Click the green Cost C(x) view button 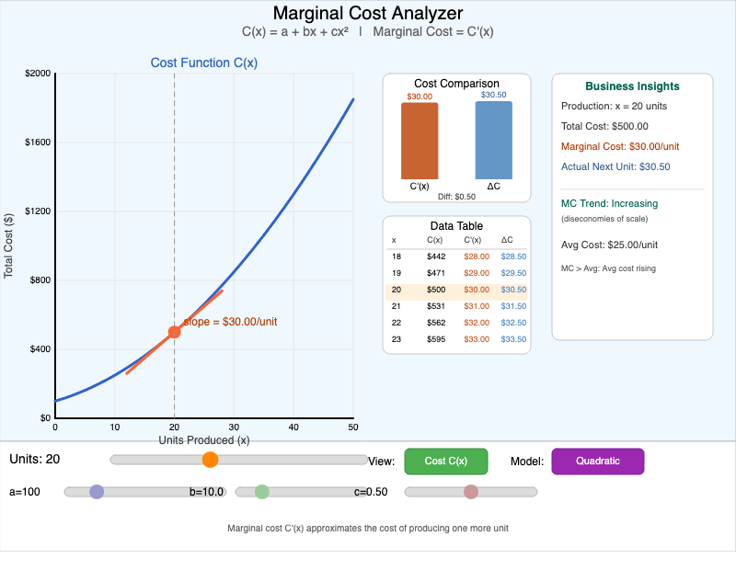pyautogui.click(x=446, y=462)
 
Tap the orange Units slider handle pyautogui.click(x=210, y=460)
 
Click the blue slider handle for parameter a pyautogui.click(x=97, y=492)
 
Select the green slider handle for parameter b pyautogui.click(x=262, y=492)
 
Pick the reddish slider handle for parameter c pyautogui.click(x=471, y=492)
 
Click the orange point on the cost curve pyautogui.click(x=174, y=332)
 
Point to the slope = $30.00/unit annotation pyautogui.click(x=230, y=322)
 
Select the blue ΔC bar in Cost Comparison pyautogui.click(x=493, y=140)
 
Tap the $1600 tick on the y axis pyautogui.click(x=39, y=142)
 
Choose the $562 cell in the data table pyautogui.click(x=435, y=323)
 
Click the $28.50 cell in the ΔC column pyautogui.click(x=513, y=256)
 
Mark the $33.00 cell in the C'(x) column pyautogui.click(x=477, y=339)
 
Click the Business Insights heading pyautogui.click(x=632, y=86)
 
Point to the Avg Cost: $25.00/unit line pyautogui.click(x=609, y=245)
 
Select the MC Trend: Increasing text pyautogui.click(x=609, y=203)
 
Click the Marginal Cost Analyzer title pyautogui.click(x=368, y=14)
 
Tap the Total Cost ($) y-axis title pyautogui.click(x=9, y=245)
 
